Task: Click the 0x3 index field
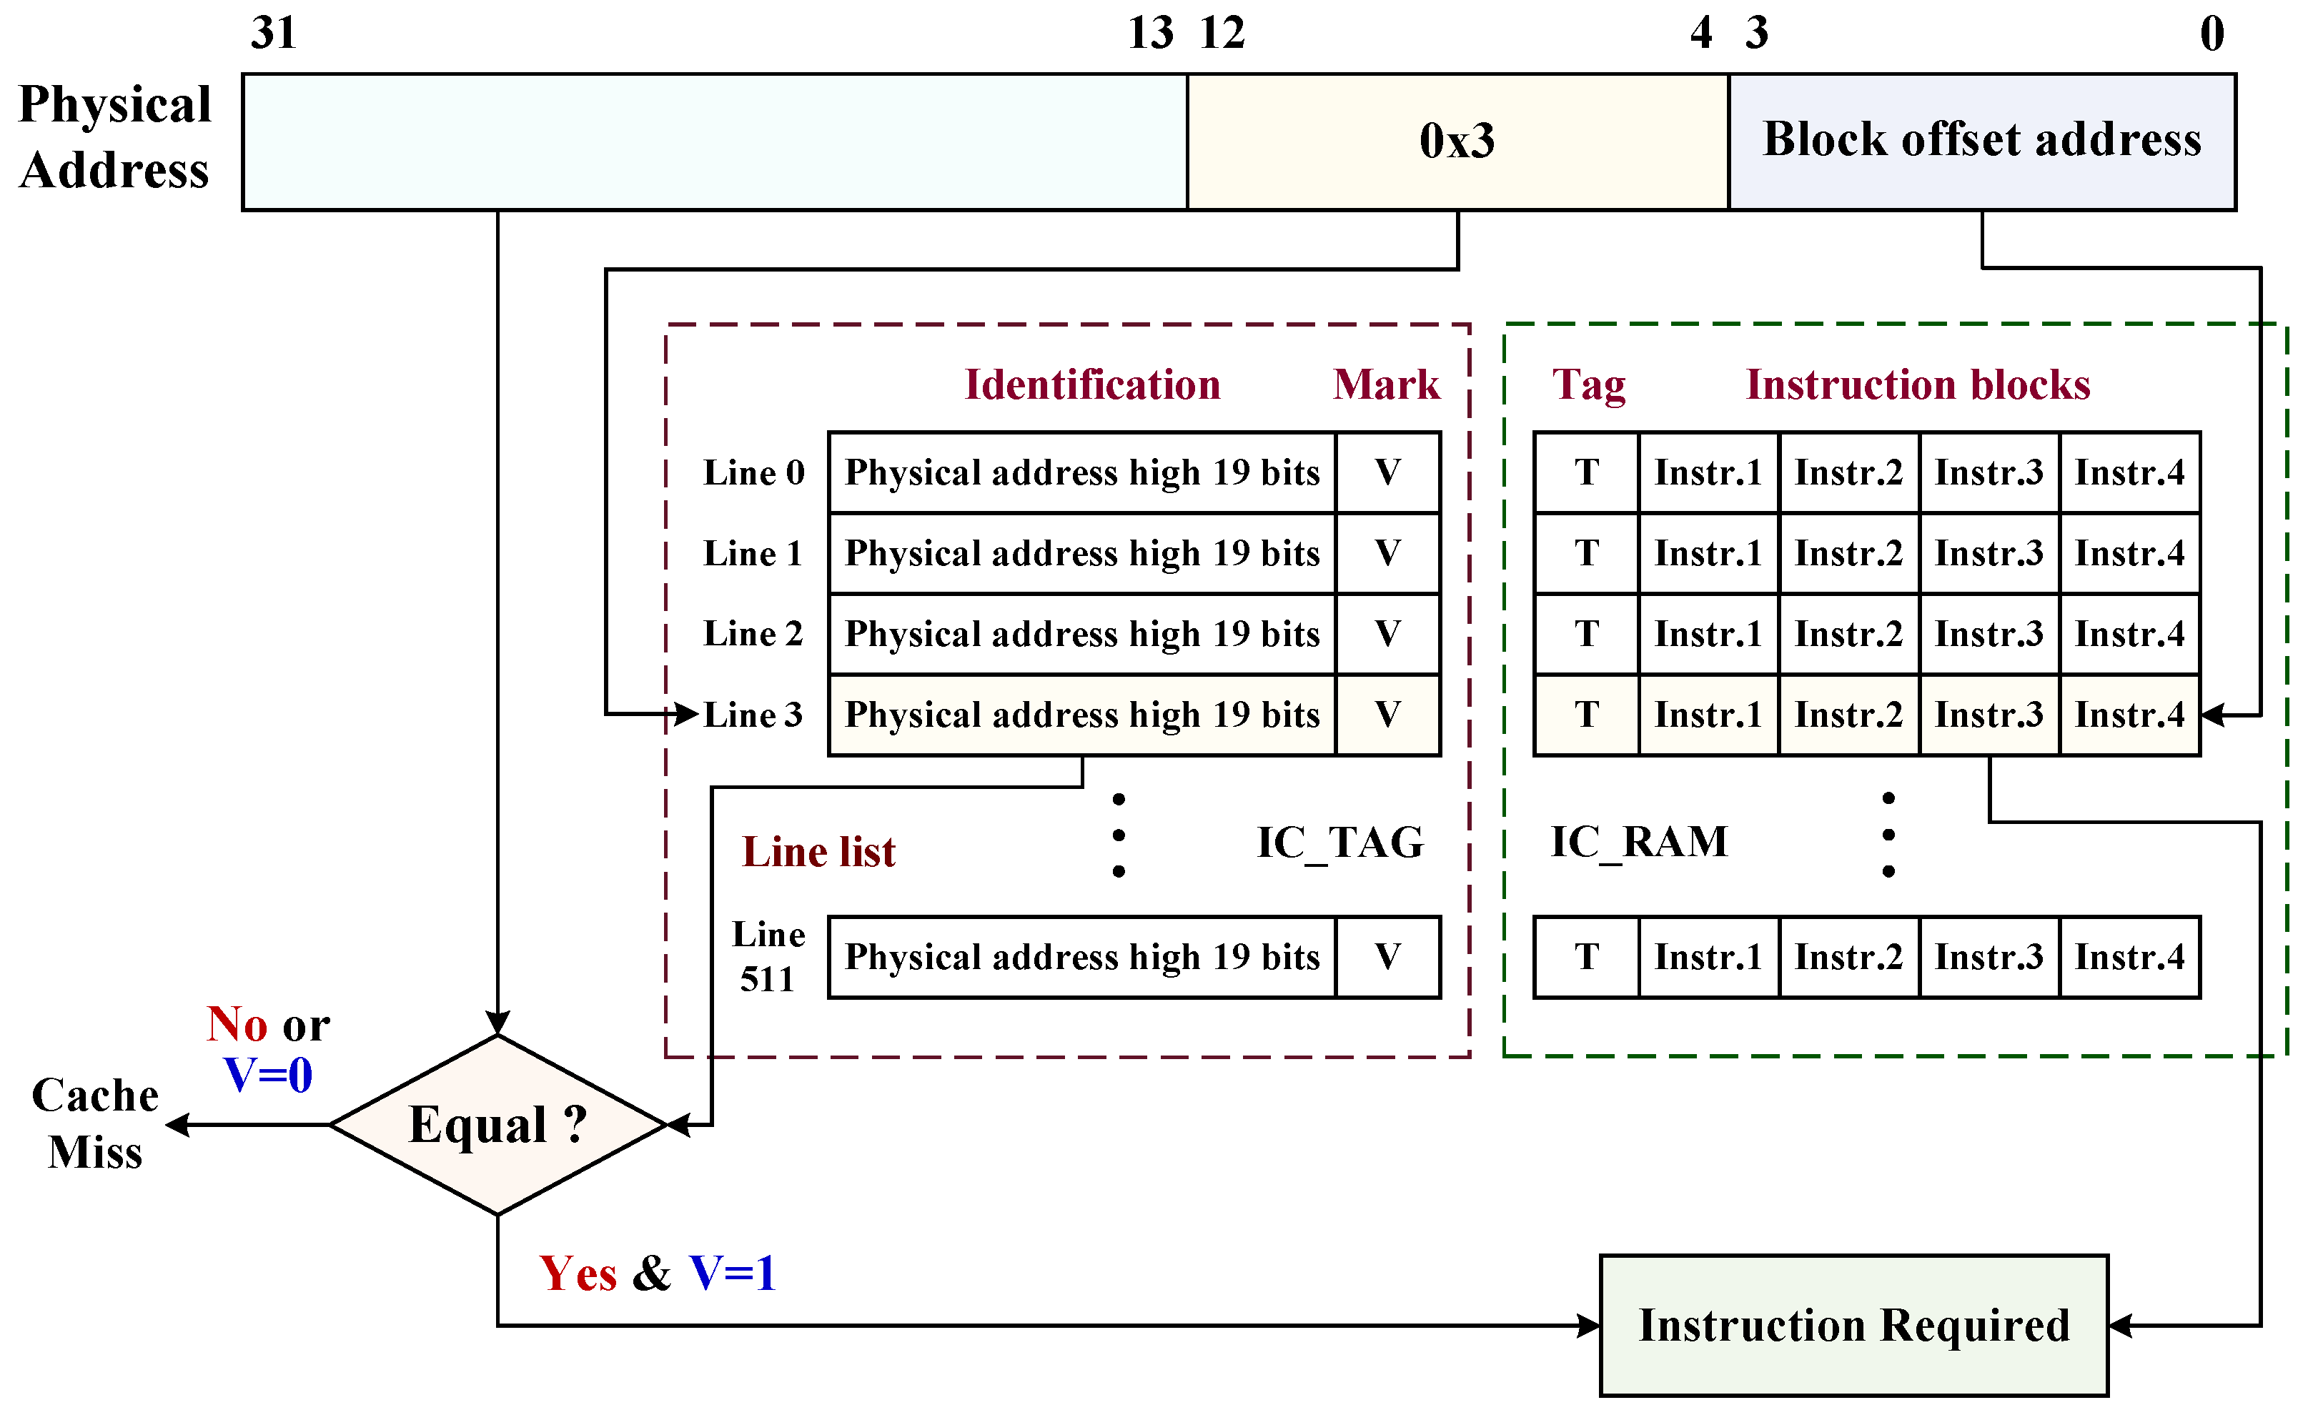coord(1457,141)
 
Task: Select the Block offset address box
coord(1981,141)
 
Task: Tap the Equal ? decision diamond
coord(497,1125)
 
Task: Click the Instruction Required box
coord(1853,1325)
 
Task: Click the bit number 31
coord(274,34)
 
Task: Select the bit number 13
coord(1150,34)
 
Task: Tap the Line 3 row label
coord(753,715)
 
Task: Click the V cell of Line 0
coord(1387,472)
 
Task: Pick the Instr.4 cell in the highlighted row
coord(2129,715)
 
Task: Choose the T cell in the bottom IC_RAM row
coord(1587,957)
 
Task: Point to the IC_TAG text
coord(1339,843)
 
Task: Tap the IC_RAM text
coord(1639,842)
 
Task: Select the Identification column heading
coord(1092,385)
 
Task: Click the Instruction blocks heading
coord(1918,385)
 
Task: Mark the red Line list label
coord(818,852)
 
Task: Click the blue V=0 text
coord(268,1075)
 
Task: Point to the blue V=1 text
coord(733,1273)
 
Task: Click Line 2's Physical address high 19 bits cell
coord(1082,634)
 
